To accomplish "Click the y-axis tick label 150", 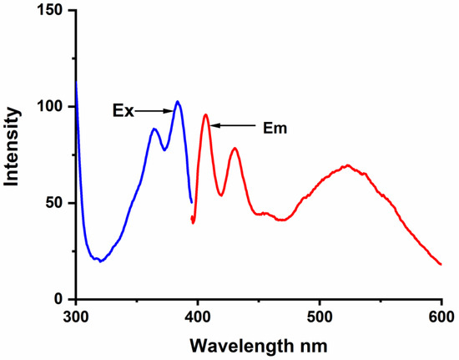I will point(52,11).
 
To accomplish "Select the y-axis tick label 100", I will point(52,107).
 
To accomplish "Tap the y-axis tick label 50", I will point(56,203).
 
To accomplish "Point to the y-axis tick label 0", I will point(60,299).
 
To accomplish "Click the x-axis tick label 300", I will point(76,317).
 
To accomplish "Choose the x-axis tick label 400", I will point(198,317).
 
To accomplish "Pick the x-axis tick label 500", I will point(320,317).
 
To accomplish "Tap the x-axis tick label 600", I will point(440,317).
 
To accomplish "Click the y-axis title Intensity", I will point(14,155).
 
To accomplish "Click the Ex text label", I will point(123,110).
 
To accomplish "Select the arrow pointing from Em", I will point(235,126).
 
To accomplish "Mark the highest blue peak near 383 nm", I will point(177,102).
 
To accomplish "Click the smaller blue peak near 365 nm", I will point(154,129).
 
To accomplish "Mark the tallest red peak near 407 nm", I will point(205,114).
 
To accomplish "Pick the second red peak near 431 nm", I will point(235,149).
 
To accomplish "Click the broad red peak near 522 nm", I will point(346,165).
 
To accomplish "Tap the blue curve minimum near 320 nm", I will point(100,261).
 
